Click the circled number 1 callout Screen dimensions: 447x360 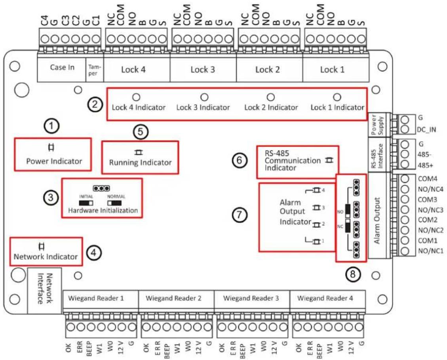point(51,126)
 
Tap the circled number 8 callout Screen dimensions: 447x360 point(353,274)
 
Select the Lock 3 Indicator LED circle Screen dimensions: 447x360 point(204,97)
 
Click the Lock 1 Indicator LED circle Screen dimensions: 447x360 point(337,97)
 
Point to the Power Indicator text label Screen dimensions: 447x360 point(54,161)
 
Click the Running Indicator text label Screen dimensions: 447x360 point(140,163)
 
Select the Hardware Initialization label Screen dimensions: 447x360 point(103,211)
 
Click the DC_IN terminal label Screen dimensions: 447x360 point(426,130)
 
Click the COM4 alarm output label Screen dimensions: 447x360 point(427,179)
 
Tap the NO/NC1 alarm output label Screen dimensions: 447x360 point(431,251)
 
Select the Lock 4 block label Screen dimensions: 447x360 point(133,69)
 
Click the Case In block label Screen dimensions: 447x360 point(62,67)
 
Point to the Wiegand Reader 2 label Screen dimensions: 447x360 point(173,298)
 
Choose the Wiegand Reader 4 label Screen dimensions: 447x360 point(325,298)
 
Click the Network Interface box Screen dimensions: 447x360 point(44,290)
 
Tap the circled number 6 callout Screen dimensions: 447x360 point(239,160)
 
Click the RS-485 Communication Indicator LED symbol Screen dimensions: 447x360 point(329,160)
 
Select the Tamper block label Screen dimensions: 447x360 point(94,70)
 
